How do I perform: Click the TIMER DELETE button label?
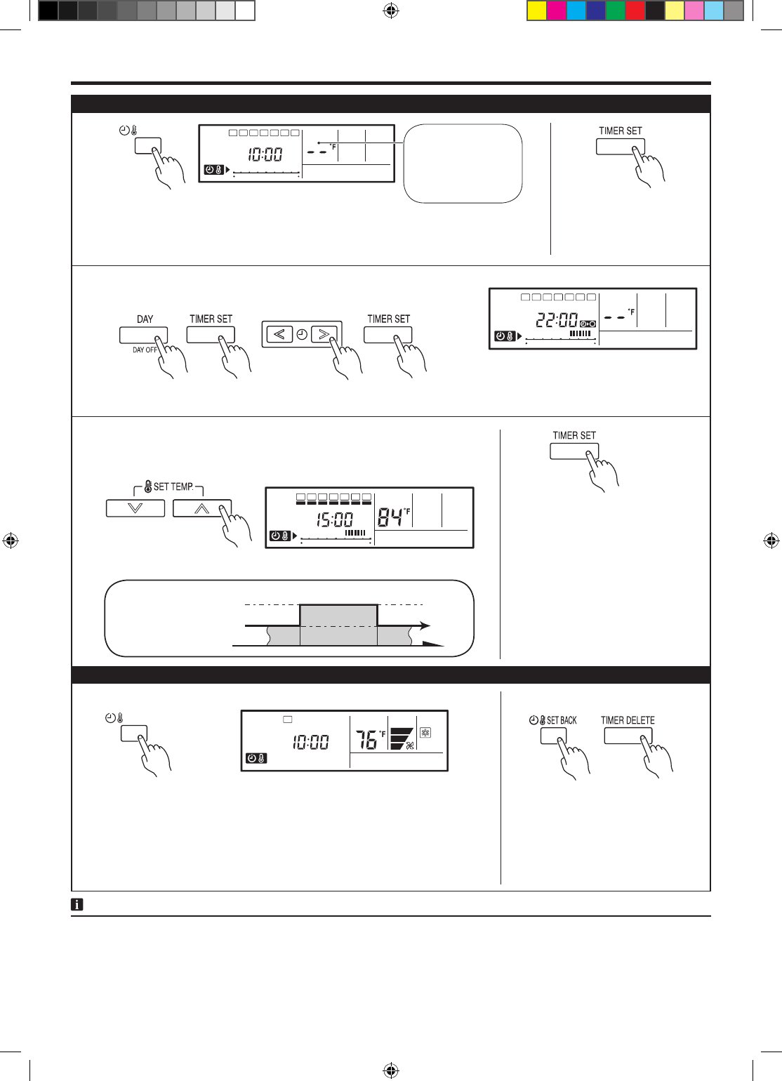628,720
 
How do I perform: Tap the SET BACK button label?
561,720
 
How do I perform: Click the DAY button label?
145,319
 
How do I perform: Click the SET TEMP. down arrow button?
135,508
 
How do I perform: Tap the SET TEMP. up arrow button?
202,508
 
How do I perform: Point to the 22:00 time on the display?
557,320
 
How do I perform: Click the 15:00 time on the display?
334,520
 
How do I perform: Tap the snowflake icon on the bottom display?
425,733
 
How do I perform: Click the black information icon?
77,905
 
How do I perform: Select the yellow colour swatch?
537,11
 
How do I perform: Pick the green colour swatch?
615,11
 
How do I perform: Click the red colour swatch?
635,11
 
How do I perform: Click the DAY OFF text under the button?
145,350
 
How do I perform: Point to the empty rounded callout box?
463,164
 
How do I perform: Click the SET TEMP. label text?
173,486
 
